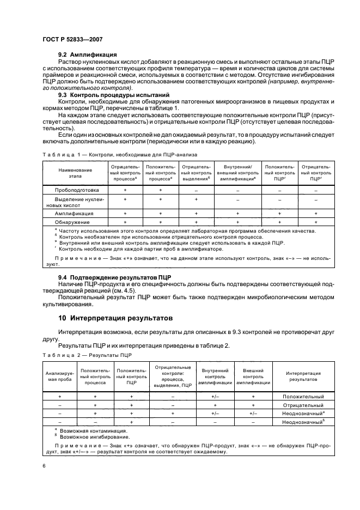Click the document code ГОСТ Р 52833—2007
click(x=72, y=39)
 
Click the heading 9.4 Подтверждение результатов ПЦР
click(x=115, y=277)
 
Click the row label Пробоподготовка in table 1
click(x=74, y=190)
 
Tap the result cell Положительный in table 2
click(x=303, y=397)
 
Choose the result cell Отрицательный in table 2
click(x=303, y=405)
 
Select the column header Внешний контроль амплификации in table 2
click(x=253, y=377)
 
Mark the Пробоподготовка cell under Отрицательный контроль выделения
click(x=196, y=190)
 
